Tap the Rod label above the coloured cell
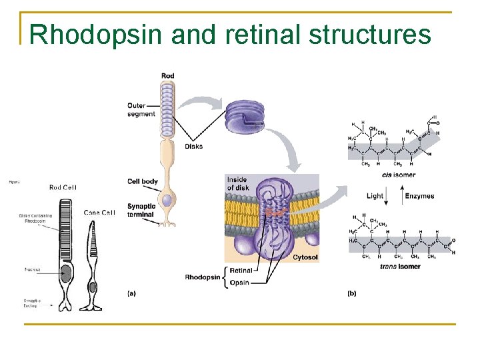tap(168, 76)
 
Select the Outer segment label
tap(141, 109)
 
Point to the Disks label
tap(194, 146)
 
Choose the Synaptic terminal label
tap(141, 210)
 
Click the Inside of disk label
tap(237, 183)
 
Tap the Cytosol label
tap(305, 256)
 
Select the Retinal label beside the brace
tap(241, 271)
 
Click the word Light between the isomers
tap(375, 196)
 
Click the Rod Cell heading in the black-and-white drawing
tap(63, 187)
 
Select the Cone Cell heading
tap(99, 213)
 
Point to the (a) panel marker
tap(132, 293)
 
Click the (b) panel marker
tap(352, 293)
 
